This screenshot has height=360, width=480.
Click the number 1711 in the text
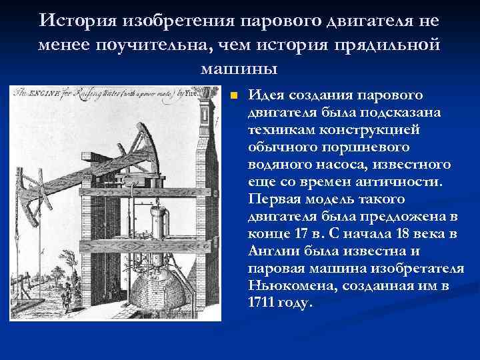[x=261, y=302]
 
